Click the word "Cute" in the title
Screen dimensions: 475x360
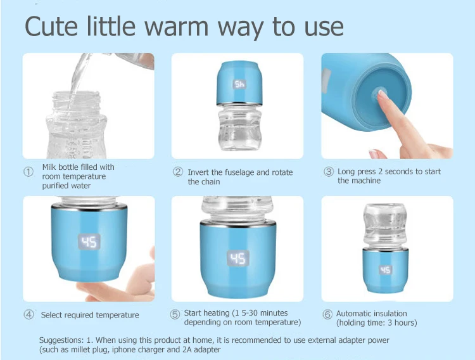(x=51, y=26)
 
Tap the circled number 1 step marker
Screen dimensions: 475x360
(x=28, y=172)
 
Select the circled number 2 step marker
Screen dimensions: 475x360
(x=178, y=172)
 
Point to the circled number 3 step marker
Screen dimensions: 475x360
(x=328, y=172)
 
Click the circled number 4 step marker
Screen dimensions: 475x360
(x=28, y=314)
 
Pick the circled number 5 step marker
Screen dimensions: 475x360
(x=175, y=314)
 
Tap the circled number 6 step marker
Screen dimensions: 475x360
(x=327, y=314)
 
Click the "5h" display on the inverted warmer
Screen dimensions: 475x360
(x=239, y=84)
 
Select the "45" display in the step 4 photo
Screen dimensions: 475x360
(x=89, y=241)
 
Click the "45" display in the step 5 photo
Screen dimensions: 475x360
(x=238, y=258)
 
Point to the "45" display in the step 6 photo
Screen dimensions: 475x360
(x=385, y=270)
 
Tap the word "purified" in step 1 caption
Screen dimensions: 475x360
(x=54, y=186)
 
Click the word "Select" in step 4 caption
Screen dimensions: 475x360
(x=50, y=315)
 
